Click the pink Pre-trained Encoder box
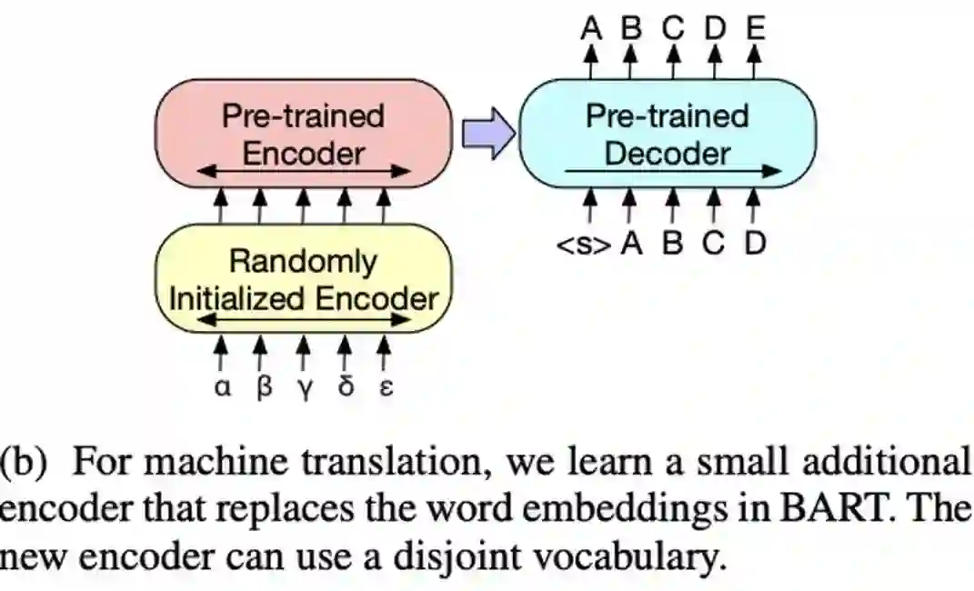click(303, 133)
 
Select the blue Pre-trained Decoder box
click(667, 133)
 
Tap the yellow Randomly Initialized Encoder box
click(303, 277)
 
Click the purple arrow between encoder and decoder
click(484, 134)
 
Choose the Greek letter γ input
click(306, 389)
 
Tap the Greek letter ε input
click(385, 388)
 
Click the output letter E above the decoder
click(754, 28)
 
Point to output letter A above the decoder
click(591, 28)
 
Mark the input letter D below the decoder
click(754, 245)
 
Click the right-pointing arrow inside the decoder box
click(673, 171)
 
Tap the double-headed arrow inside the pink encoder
click(304, 170)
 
